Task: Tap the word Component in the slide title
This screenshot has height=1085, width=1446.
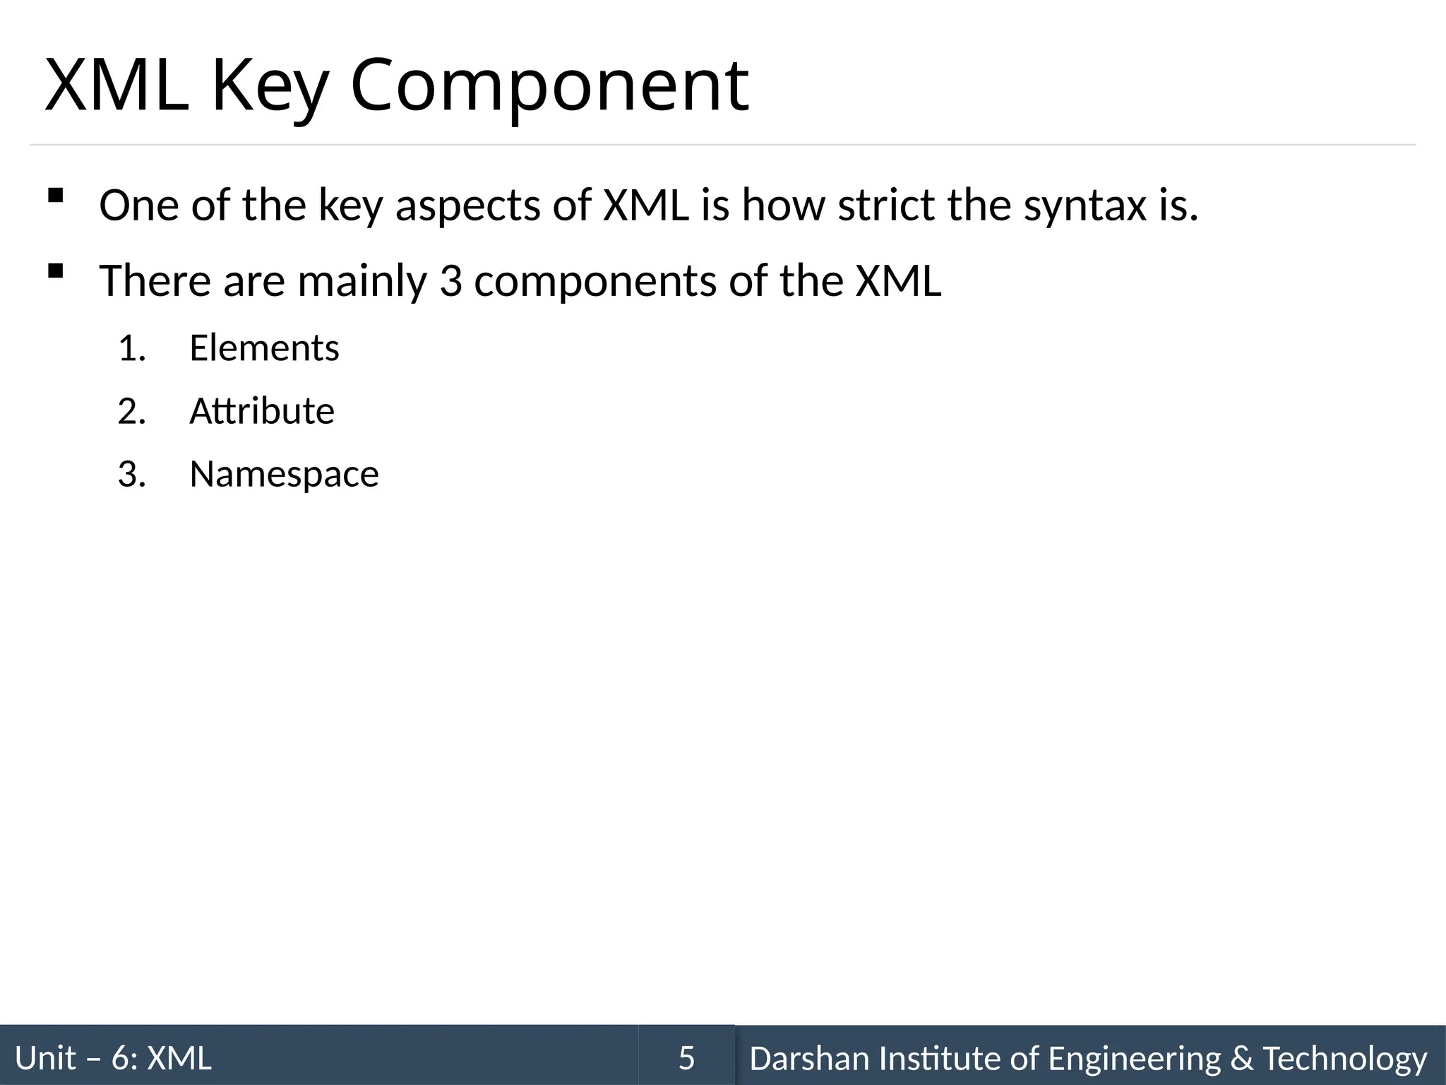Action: pos(549,86)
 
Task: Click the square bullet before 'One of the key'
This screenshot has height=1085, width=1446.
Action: pos(55,196)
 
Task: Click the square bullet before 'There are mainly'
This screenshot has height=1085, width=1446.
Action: pos(55,271)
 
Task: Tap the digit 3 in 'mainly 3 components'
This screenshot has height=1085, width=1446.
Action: pos(450,281)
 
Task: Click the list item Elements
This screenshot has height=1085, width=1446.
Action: pos(264,348)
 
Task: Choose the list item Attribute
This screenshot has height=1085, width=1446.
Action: pos(261,411)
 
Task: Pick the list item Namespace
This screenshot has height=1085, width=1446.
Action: pos(284,475)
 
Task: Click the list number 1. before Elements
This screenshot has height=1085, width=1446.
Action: pos(132,348)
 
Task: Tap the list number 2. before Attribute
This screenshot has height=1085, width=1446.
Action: pos(132,412)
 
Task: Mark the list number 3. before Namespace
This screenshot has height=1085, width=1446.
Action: pos(132,475)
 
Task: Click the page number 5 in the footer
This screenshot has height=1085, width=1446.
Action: pos(686,1058)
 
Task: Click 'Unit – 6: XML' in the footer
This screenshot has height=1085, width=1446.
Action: pos(113,1058)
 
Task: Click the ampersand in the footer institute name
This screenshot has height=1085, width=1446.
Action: pos(1241,1058)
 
